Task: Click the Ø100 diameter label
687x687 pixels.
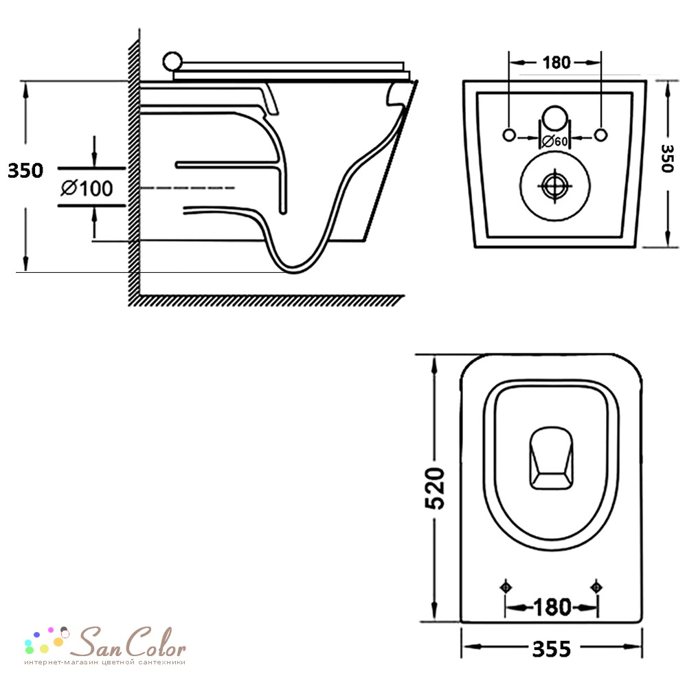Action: (87, 188)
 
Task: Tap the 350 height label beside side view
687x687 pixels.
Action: (25, 170)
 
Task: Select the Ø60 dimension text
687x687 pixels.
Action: (554, 141)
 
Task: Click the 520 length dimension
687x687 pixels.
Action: (435, 488)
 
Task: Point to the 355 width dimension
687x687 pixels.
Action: (552, 649)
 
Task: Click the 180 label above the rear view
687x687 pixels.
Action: (556, 63)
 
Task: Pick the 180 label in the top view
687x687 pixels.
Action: (552, 607)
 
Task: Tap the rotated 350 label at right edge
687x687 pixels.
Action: (667, 158)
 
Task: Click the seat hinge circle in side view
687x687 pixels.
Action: (172, 62)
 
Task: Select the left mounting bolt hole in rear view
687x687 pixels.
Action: (508, 135)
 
